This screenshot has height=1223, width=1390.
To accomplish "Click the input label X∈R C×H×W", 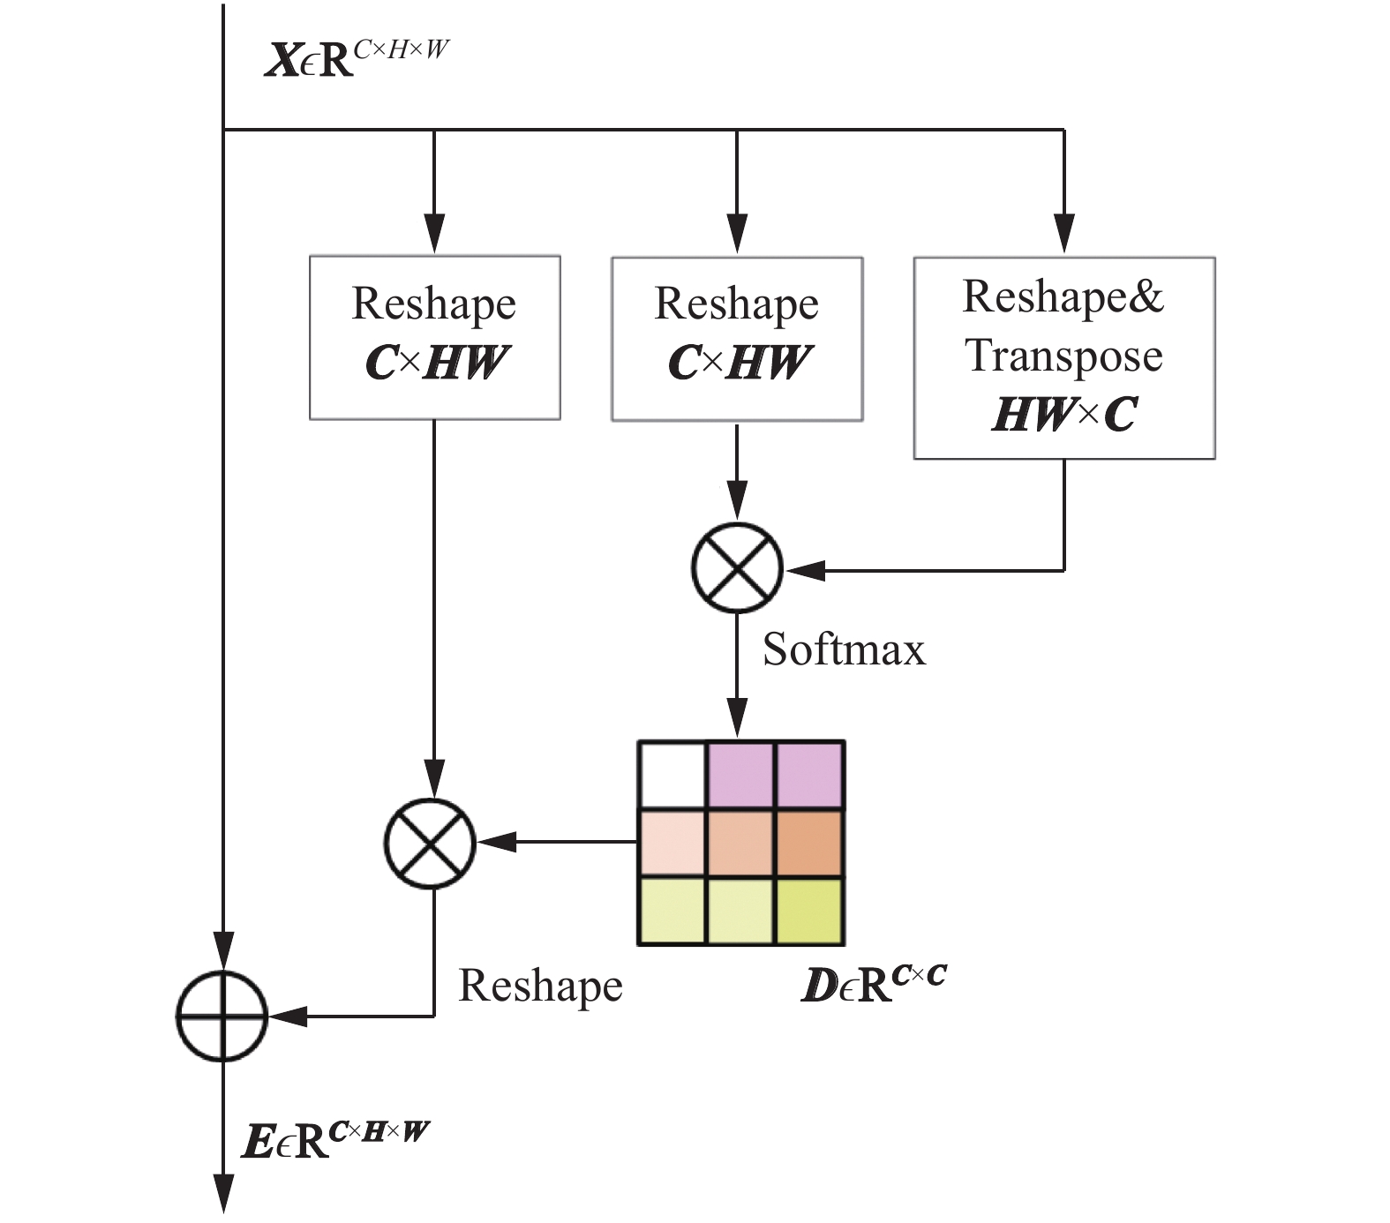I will click(357, 60).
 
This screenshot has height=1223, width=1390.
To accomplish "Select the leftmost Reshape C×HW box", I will click(434, 337).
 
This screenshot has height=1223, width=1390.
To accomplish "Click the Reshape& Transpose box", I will click(1064, 357).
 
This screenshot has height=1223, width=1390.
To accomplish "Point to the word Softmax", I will click(844, 649).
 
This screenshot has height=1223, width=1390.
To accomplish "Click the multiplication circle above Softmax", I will click(737, 567).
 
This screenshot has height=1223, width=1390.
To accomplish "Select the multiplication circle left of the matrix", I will click(431, 843).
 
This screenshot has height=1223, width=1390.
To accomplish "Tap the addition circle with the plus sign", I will click(222, 1016).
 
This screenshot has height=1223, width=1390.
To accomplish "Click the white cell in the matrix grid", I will click(672, 776).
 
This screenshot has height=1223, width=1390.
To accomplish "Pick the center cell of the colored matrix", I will click(741, 844).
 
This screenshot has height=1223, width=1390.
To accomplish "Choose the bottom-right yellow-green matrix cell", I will click(809, 911).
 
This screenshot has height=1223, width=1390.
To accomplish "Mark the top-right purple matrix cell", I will click(809, 776).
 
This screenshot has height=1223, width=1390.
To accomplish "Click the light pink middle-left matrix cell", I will click(672, 844).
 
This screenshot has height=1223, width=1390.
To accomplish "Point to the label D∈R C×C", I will click(873, 984).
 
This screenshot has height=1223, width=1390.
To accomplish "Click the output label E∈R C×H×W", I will click(335, 1140).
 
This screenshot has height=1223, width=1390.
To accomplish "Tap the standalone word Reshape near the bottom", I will click(540, 986).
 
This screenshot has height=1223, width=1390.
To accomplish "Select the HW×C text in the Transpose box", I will click(1064, 415).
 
